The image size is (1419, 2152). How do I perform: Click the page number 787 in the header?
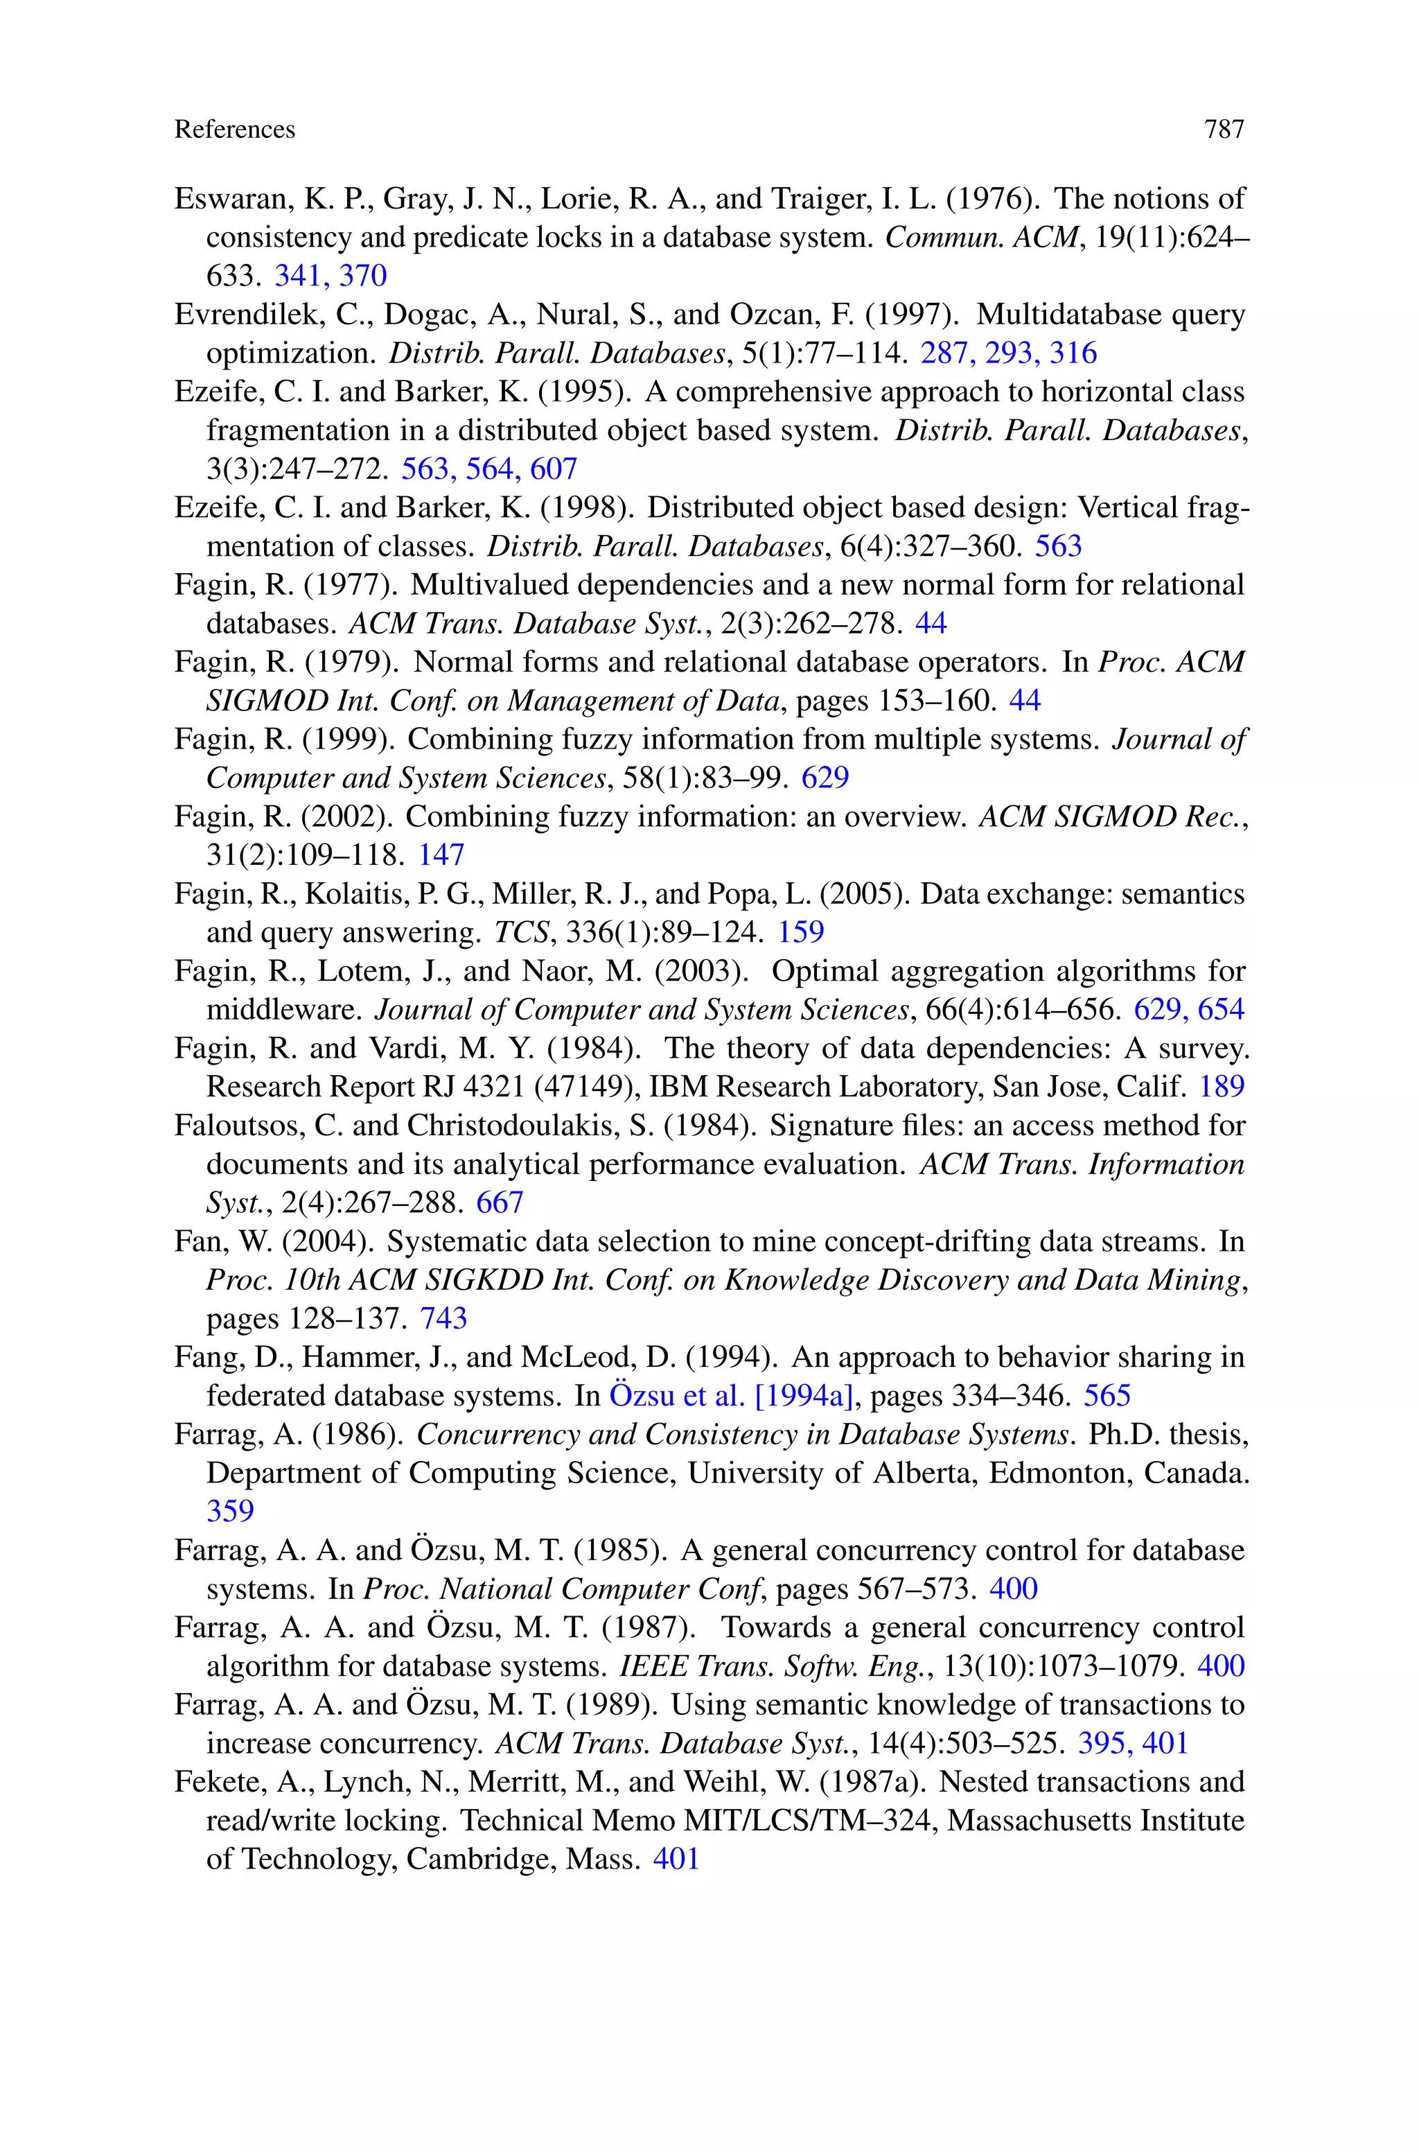(1224, 130)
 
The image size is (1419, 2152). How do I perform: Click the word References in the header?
(234, 130)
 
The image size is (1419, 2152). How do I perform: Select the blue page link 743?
(443, 1318)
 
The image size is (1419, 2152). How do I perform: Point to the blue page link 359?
(230, 1512)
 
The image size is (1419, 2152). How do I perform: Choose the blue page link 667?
(500, 1202)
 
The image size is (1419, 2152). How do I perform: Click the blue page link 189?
(1221, 1087)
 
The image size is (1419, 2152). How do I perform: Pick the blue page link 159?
(800, 932)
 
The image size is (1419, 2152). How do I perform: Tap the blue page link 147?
(441, 855)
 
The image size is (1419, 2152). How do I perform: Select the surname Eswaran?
(224, 199)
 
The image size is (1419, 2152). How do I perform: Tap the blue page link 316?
(1073, 353)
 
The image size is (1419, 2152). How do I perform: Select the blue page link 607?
(553, 469)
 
